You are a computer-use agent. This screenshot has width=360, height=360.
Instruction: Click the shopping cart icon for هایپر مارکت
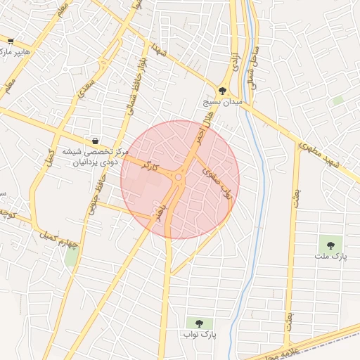(x=10, y=41)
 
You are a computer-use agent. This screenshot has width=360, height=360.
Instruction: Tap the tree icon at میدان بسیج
(x=223, y=91)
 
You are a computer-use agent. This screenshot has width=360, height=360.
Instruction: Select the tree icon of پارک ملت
(x=330, y=245)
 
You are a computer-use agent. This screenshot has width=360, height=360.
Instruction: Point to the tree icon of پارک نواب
(x=199, y=323)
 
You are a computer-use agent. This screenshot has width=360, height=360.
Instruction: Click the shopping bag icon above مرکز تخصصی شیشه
(x=95, y=141)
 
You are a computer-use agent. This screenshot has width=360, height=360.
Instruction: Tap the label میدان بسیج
(x=222, y=102)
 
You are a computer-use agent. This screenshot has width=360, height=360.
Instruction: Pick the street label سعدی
(x=86, y=87)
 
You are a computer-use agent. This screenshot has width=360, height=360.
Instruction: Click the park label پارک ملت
(x=330, y=257)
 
